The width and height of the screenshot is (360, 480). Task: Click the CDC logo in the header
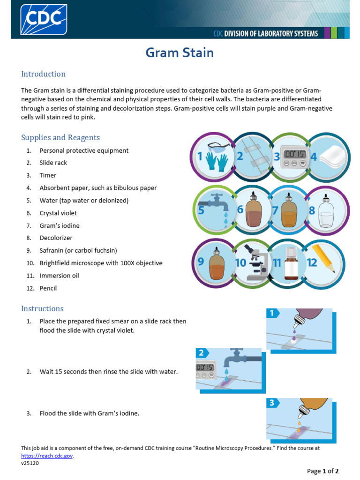pyautogui.click(x=44, y=19)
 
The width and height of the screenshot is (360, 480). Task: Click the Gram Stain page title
pyautogui.click(x=180, y=52)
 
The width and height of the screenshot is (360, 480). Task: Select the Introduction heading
pyautogui.click(x=43, y=74)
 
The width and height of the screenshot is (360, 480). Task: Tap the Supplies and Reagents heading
pyautogui.click(x=60, y=137)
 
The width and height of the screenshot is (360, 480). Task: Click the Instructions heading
pyautogui.click(x=42, y=308)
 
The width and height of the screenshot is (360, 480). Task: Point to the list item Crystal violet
pyautogui.click(x=58, y=213)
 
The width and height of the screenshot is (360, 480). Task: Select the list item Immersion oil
pyautogui.click(x=59, y=276)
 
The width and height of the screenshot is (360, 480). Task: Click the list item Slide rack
pyautogui.click(x=53, y=163)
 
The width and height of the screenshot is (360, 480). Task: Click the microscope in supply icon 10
pyautogui.click(x=257, y=262)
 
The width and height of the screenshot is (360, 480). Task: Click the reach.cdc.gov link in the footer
pyautogui.click(x=47, y=456)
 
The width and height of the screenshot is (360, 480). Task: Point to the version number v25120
pyautogui.click(x=30, y=463)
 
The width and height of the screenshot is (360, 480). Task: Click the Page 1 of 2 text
pyautogui.click(x=322, y=471)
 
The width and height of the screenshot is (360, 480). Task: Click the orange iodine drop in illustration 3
pyautogui.click(x=299, y=423)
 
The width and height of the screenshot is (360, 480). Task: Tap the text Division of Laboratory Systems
pyautogui.click(x=265, y=33)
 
